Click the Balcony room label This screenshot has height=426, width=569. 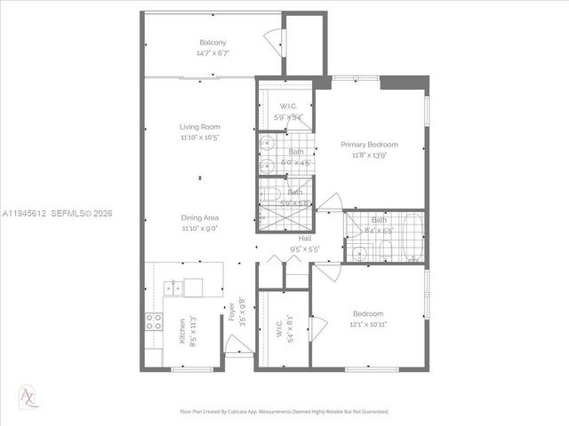(x=212, y=43)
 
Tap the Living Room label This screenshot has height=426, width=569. (x=199, y=127)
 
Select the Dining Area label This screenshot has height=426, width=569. (x=199, y=217)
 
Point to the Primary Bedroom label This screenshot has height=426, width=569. (x=370, y=145)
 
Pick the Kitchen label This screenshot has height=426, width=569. (x=182, y=331)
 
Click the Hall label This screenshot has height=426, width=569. (x=305, y=239)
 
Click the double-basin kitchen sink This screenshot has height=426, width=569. (x=172, y=287)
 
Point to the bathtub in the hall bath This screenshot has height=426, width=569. (x=410, y=238)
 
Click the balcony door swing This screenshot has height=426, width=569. (x=275, y=41)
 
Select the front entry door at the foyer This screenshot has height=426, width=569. (x=237, y=343)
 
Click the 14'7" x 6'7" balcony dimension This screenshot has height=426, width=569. (x=212, y=53)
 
